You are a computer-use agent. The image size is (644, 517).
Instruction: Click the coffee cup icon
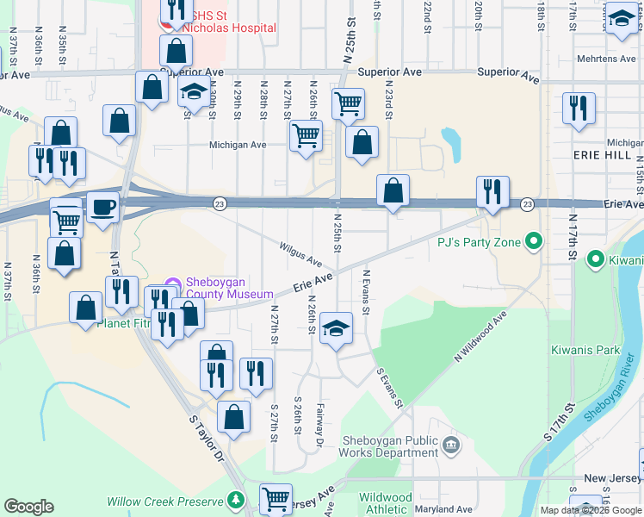pyautogui.click(x=102, y=208)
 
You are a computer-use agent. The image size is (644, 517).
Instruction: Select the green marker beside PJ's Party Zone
pyautogui.click(x=534, y=242)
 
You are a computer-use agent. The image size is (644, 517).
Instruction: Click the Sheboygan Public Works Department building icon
pyautogui.click(x=450, y=445)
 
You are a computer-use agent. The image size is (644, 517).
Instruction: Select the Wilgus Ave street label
pyautogui.click(x=300, y=253)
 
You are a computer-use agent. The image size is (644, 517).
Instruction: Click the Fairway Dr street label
pyautogui.click(x=319, y=427)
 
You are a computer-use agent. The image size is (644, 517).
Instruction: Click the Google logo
pyautogui.click(x=28, y=507)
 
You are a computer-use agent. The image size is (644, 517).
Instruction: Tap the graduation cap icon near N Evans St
pyautogui.click(x=337, y=327)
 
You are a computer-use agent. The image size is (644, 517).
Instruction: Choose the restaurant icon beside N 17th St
pyautogui.click(x=578, y=108)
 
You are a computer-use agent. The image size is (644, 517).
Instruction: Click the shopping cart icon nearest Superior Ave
pyautogui.click(x=348, y=103)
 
